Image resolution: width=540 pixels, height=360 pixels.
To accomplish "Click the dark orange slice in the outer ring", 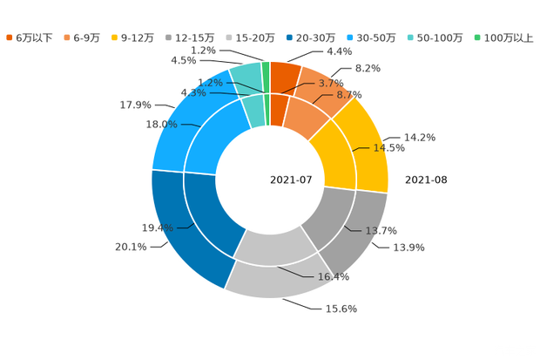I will tap(285, 75).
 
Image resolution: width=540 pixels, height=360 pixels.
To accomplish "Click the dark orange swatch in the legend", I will tap(10, 37).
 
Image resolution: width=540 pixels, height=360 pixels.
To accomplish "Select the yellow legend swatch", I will tap(116, 37).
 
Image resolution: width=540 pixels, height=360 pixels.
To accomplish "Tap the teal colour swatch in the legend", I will tap(408, 37).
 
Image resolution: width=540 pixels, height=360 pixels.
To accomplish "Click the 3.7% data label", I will tap(329, 82).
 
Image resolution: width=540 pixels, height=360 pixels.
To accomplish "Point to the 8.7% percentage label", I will tap(349, 93).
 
